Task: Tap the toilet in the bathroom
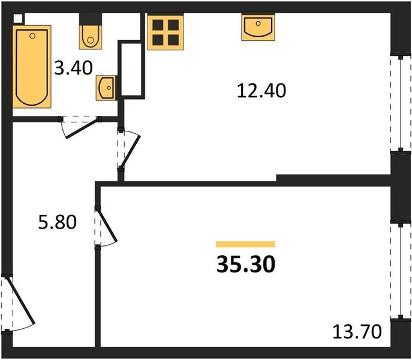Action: [x=91, y=35]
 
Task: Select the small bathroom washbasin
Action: [x=106, y=89]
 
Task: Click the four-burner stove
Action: [x=165, y=31]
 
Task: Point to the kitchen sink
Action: [x=258, y=28]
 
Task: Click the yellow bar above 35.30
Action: [x=245, y=244]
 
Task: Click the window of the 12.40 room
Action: [x=398, y=102]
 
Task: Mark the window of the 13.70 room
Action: [x=398, y=269]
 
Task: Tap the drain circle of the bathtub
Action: [x=32, y=35]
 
